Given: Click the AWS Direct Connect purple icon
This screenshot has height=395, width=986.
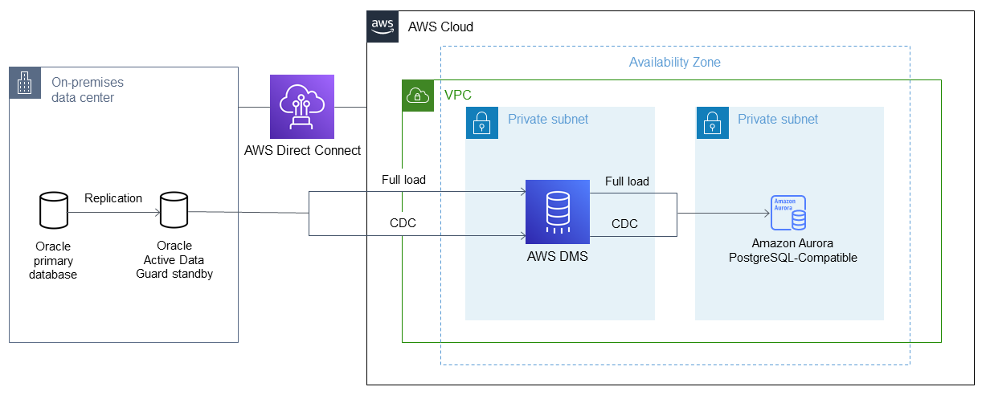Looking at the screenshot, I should [x=302, y=107].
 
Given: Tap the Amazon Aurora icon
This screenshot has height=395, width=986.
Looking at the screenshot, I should [x=788, y=214].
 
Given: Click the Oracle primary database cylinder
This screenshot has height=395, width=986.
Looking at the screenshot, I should [x=54, y=210].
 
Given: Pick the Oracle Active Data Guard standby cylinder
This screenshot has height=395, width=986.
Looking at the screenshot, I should [x=174, y=210].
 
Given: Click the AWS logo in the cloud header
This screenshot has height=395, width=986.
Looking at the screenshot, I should [x=383, y=26].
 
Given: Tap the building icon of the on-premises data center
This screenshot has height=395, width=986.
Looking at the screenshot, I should [x=25, y=83].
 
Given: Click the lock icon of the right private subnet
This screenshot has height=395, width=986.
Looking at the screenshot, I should [x=711, y=123].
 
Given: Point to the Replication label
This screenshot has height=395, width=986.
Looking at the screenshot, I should [x=113, y=198].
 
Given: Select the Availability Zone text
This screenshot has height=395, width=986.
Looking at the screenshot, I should [x=674, y=62].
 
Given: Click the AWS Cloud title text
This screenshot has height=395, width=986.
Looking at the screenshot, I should [x=440, y=26].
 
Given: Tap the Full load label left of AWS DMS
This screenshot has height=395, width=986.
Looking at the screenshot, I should [x=403, y=180].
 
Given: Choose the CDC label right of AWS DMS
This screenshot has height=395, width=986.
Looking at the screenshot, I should [x=624, y=224].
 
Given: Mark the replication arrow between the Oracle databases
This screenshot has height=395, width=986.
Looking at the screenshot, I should [x=113, y=213].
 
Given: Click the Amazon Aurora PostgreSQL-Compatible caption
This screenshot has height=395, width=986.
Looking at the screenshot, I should [x=792, y=250].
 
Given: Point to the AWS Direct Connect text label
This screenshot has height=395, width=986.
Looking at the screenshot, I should [x=302, y=150].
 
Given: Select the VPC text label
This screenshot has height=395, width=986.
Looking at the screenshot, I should [x=457, y=96].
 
